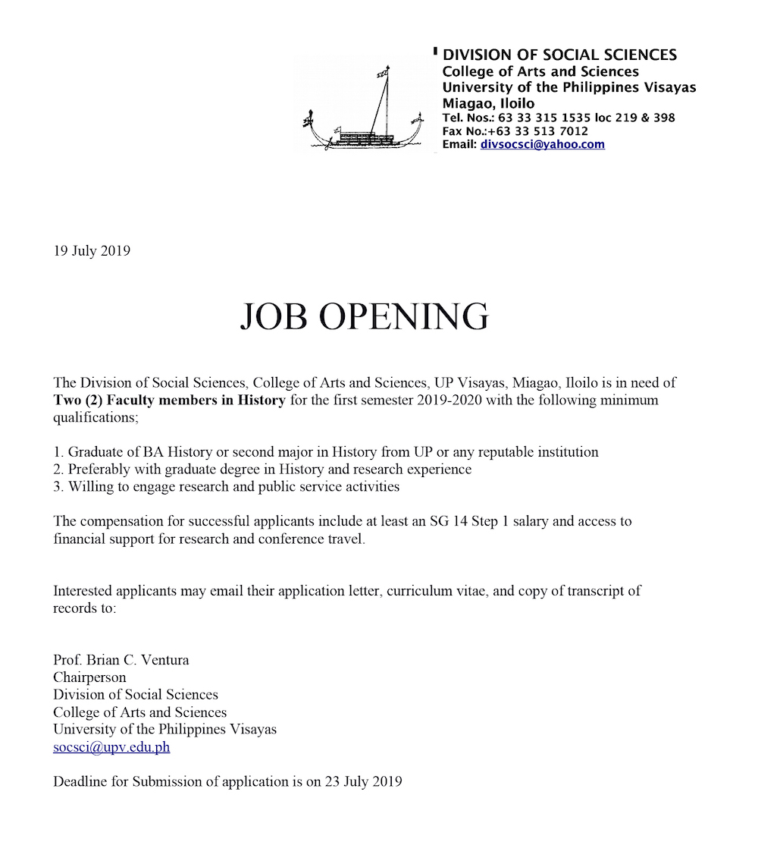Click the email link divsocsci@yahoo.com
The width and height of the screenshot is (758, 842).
(542, 144)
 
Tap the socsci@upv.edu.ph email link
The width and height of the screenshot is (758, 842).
(111, 747)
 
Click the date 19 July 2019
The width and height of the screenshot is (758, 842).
(92, 251)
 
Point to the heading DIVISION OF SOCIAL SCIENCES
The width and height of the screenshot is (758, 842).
(559, 55)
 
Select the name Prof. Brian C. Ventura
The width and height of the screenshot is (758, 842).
(121, 660)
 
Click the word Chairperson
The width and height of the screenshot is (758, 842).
(89, 677)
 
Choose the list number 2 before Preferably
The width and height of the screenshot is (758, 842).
(58, 470)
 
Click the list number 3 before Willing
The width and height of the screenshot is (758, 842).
(58, 487)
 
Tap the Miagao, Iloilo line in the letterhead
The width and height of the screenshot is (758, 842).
(488, 103)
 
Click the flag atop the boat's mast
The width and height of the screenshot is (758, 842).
(384, 73)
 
